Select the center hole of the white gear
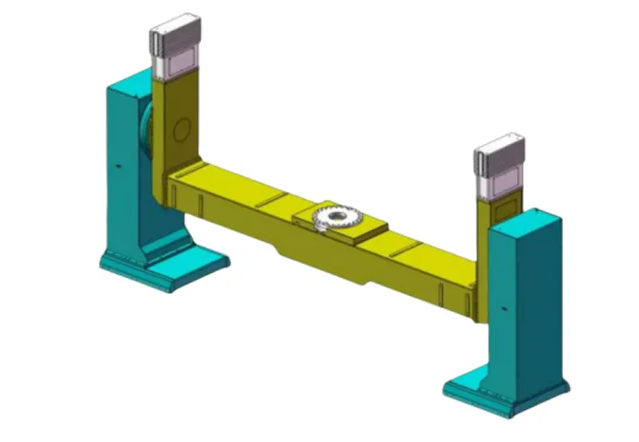click(337, 217)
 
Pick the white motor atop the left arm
click(176, 45)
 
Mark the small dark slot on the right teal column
click(502, 307)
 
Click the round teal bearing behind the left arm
click(147, 132)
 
